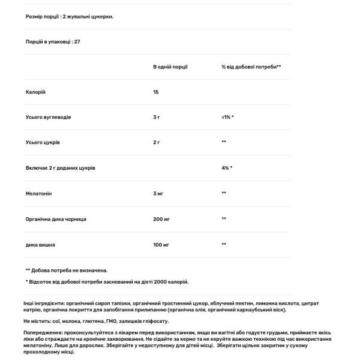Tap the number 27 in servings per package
tap(77, 42)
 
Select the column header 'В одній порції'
tap(171, 67)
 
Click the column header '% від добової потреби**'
tap(251, 67)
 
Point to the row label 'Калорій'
tap(35, 92)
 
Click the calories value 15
tap(157, 92)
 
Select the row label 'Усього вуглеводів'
tap(48, 117)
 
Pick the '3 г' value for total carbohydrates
tap(157, 117)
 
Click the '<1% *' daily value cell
tap(227, 117)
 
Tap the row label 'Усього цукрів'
tap(43, 142)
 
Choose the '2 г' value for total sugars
tap(157, 142)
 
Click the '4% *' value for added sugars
tap(226, 168)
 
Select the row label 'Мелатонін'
tap(39, 193)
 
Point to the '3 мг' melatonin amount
tap(158, 193)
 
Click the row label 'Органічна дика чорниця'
tap(56, 219)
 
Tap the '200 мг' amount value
tap(161, 219)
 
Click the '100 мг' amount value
tap(161, 244)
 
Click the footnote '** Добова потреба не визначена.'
tap(67, 270)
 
